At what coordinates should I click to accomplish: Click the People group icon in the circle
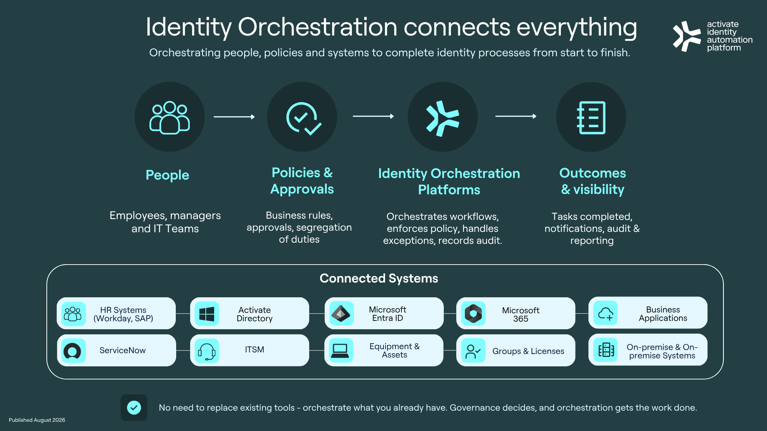coord(169,117)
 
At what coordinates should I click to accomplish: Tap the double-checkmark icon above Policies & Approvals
coord(304,119)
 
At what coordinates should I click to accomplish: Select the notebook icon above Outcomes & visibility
coord(591,118)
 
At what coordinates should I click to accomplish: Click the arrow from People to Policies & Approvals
coord(234,117)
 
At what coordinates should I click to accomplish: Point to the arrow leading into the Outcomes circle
coord(516,116)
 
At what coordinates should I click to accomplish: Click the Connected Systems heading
coord(379,278)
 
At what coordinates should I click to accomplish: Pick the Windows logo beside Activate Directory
coord(207,314)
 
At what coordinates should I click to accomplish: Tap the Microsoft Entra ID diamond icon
coord(341,314)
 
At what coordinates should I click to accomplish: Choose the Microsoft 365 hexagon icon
coord(473,314)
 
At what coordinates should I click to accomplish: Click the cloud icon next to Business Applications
coord(606,313)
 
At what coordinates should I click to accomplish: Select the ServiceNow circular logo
coord(72,351)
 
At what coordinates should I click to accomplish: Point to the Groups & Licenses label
coord(528,351)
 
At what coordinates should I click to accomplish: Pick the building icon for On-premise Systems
coord(606,350)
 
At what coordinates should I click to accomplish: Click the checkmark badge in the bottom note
coord(134,407)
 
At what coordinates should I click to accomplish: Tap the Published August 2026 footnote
coord(37,420)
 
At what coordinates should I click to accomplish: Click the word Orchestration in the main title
coord(318,27)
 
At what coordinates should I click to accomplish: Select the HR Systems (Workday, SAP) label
coord(123,314)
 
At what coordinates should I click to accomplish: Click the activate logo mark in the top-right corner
coord(686,36)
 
